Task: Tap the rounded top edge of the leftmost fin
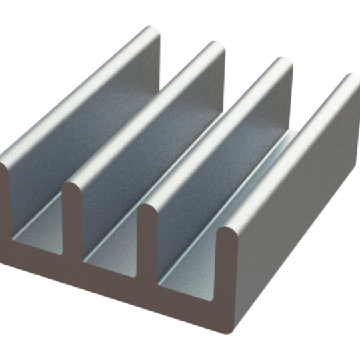[80, 93]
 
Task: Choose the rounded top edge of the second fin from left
[143, 117]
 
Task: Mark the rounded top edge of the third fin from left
[213, 140]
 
